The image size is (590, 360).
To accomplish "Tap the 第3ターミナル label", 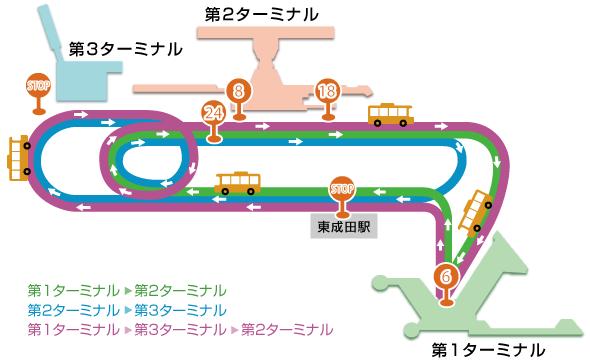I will coord(126,48).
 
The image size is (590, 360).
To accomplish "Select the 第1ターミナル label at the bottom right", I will coord(489,349).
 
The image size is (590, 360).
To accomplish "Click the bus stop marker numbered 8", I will coord(238,91).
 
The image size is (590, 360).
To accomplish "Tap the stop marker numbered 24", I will coord(211,112).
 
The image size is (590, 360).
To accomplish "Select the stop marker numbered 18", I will coord(326,91).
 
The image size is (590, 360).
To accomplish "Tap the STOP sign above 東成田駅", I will coord(342,188).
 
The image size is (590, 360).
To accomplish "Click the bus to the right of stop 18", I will coord(391,114).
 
